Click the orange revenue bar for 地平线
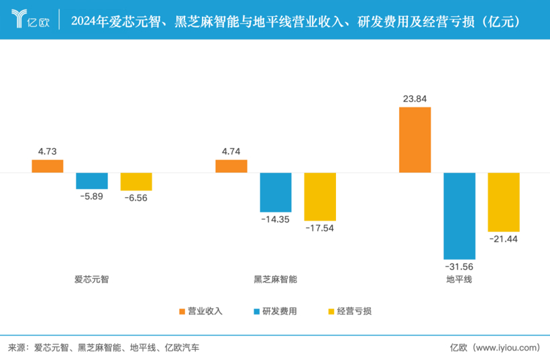point(415,139)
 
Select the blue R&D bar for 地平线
point(459,216)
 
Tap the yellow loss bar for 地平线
point(503,202)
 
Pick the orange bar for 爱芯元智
point(48,166)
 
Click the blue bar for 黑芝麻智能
point(276,192)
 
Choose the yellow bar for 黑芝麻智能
point(320,196)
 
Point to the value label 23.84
point(415,99)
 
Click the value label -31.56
point(459,268)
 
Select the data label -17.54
point(320,229)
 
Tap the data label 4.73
point(48,152)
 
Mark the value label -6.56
point(136,199)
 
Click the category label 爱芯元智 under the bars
point(91,279)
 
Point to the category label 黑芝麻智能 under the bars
point(275,279)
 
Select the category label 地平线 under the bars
point(459,279)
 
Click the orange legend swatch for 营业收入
point(182,311)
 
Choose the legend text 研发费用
point(279,311)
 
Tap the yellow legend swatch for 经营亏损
point(330,311)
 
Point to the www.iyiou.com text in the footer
point(505,347)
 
